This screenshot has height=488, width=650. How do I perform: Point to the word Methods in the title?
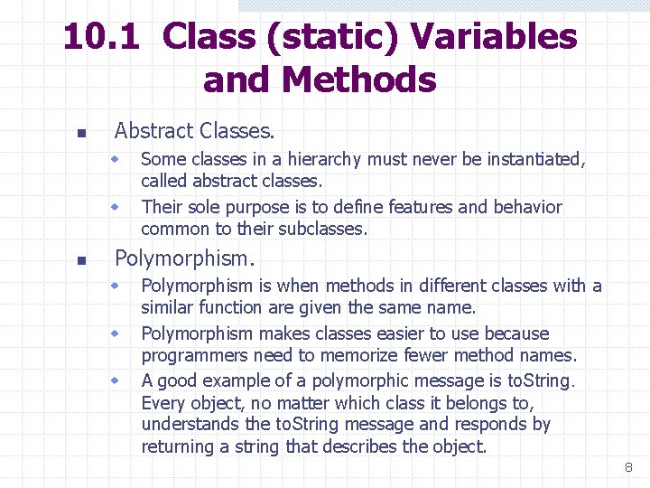tap(358, 80)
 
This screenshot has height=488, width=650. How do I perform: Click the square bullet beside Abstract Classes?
tap(80, 134)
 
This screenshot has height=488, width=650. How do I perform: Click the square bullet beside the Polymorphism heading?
tap(80, 260)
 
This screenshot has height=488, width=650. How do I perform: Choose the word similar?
tap(167, 308)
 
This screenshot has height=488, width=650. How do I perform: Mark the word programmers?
tap(192, 355)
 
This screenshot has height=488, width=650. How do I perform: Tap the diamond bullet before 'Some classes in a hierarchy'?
tap(116, 159)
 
